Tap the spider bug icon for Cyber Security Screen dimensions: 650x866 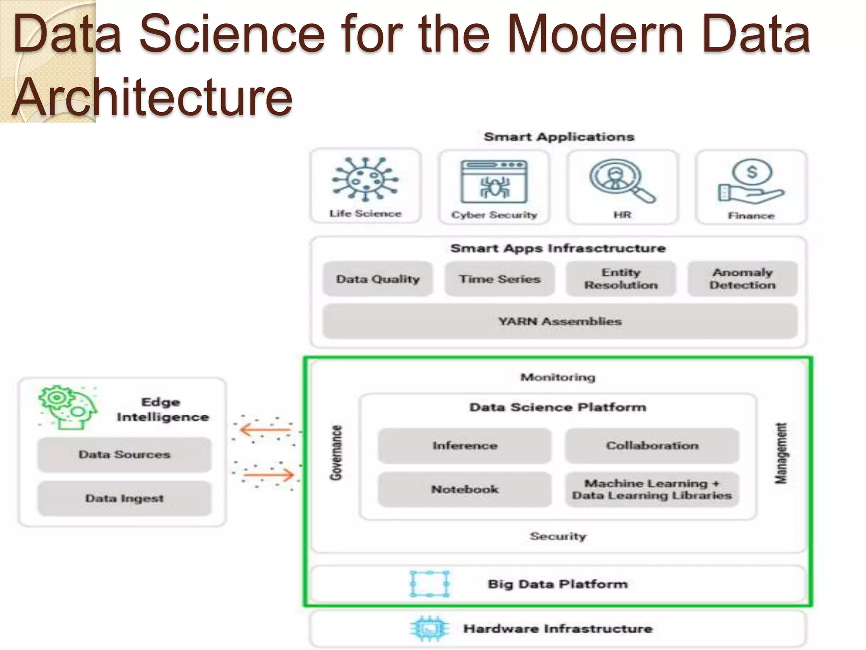point(494,182)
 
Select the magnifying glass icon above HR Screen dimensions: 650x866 point(622,181)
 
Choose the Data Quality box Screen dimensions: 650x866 point(378,279)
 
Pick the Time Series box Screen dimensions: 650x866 point(499,279)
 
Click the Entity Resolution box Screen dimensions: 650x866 point(621,279)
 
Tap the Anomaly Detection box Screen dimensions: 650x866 point(743,279)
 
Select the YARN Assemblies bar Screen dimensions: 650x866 point(560,321)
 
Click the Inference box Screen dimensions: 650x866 point(465,446)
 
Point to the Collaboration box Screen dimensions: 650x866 point(652,446)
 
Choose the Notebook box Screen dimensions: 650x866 point(465,489)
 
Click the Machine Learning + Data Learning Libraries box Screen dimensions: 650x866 point(652,489)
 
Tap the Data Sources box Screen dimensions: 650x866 point(124,454)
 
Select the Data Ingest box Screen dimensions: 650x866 point(124,498)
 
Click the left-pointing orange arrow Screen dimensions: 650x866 point(265,430)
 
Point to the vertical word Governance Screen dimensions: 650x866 point(336,453)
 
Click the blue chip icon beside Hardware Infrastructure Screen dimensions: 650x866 point(430,629)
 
